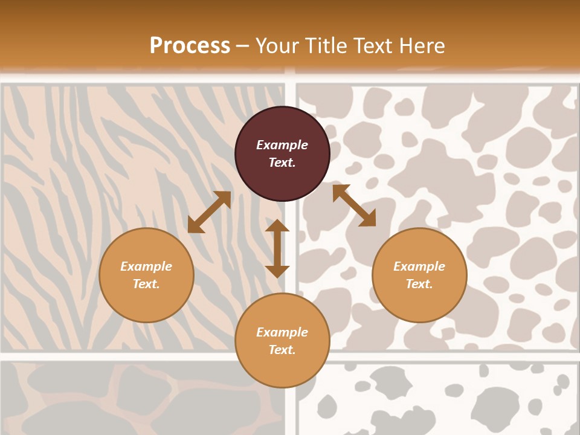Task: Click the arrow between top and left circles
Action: pos(209,212)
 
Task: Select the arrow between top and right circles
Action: pos(354,205)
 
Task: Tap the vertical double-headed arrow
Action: pos(277,248)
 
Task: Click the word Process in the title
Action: pos(190,45)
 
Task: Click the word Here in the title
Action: pos(422,45)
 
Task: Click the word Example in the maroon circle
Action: pos(282,145)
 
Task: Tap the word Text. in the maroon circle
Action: pos(282,163)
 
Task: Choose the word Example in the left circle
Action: pos(146,266)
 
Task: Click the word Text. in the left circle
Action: pos(146,284)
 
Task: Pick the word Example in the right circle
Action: pos(419,266)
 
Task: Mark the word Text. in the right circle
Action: pos(419,284)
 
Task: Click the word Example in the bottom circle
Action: pos(282,332)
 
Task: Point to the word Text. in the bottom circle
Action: pos(282,350)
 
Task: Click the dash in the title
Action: pos(243,46)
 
